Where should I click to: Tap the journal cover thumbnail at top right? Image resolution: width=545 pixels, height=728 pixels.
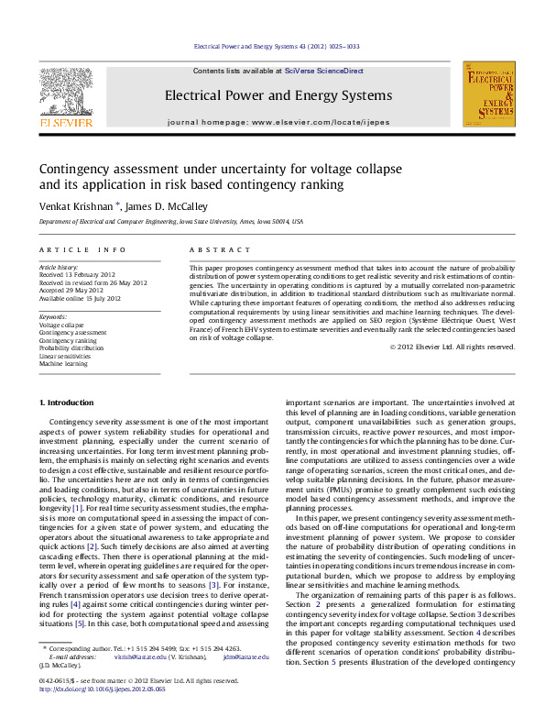coord(487,94)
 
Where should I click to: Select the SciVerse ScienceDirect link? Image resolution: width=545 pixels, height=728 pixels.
coord(323,71)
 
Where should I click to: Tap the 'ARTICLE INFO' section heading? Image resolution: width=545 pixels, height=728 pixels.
coord(82,249)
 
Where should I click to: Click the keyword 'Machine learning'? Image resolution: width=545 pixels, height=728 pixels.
coord(65,364)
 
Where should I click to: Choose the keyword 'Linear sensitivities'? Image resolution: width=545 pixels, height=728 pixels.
coord(67,356)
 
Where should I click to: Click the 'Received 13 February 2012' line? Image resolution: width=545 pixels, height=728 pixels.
coord(77,275)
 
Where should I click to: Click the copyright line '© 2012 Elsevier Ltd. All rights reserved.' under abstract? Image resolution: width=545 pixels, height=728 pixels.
coord(452,347)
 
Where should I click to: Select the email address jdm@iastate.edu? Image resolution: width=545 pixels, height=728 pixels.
coord(249,682)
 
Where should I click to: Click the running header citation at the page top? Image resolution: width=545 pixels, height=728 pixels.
coord(278,46)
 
